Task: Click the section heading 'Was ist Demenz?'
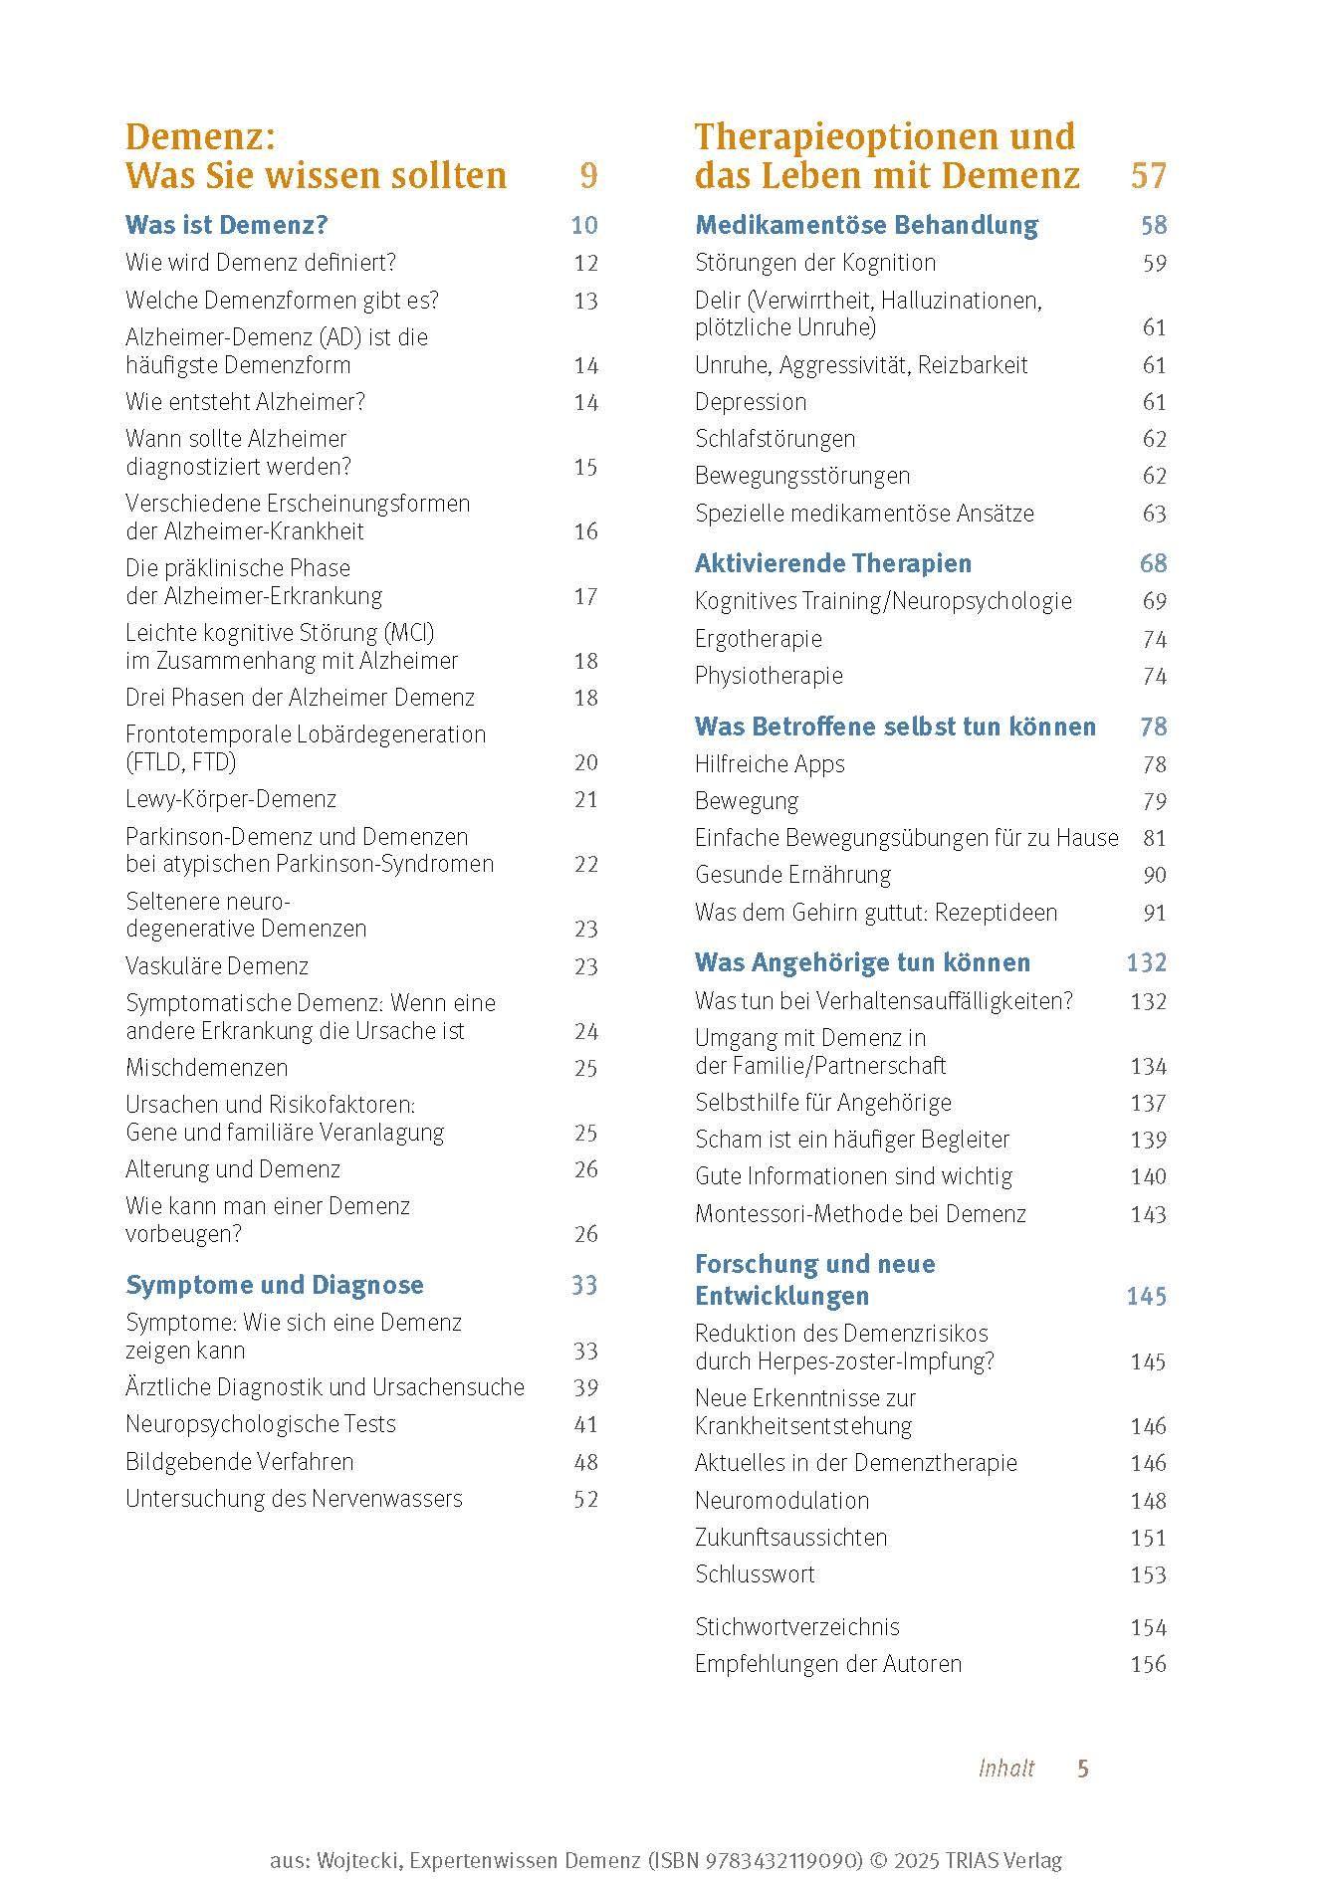(226, 225)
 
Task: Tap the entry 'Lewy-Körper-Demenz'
(230, 799)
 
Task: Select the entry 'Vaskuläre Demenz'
(217, 966)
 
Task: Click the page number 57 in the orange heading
(1148, 176)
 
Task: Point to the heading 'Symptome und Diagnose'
(274, 1285)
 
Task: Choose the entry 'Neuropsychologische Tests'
(260, 1424)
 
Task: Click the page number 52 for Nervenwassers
(585, 1499)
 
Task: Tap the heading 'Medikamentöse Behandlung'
(865, 225)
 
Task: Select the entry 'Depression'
(750, 402)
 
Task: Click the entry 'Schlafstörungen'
(775, 439)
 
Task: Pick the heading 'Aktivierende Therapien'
(832, 563)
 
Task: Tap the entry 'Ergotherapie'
(758, 639)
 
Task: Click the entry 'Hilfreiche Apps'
(769, 764)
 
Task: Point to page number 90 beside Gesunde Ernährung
(1154, 875)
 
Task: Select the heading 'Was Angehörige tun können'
(862, 962)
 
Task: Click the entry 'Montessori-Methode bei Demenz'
(859, 1214)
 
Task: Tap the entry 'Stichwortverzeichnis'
(796, 1627)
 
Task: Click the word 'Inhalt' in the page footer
(1005, 1768)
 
